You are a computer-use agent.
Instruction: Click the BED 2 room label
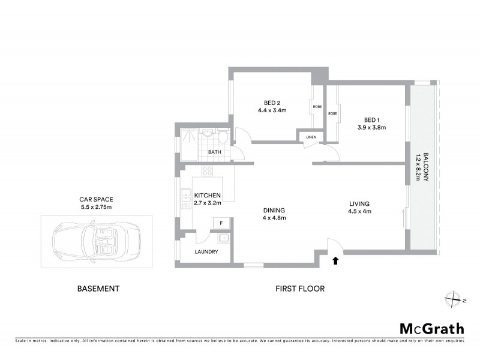272,101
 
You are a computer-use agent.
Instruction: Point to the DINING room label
273,210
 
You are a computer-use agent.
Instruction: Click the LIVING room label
359,203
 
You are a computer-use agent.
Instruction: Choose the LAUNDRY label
206,251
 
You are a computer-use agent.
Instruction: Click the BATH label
214,152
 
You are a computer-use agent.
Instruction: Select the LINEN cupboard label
311,137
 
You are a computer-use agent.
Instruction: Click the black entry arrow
335,260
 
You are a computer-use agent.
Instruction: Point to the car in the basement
96,241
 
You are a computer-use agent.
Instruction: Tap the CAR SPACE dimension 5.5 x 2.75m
96,207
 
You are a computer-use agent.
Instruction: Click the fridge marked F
221,223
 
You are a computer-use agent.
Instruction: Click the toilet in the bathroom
223,137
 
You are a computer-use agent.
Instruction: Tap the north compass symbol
455,298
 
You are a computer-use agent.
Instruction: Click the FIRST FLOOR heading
299,289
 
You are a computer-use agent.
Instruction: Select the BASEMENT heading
98,289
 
